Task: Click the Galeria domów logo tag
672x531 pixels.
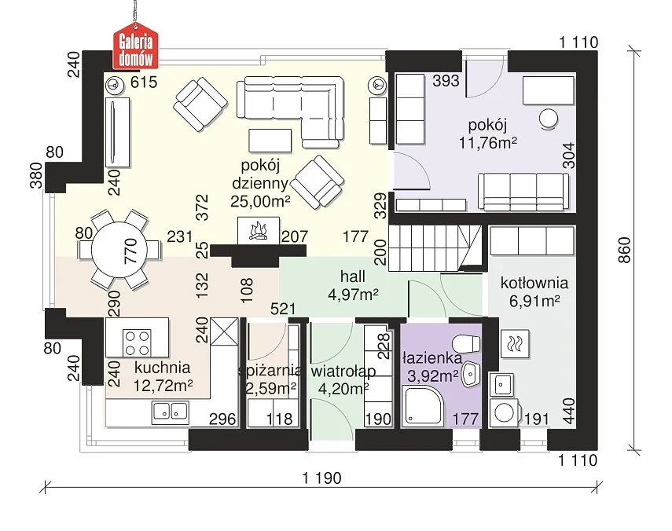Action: click(x=137, y=47)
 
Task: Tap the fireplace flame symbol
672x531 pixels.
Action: click(x=257, y=230)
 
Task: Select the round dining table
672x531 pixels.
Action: click(x=119, y=251)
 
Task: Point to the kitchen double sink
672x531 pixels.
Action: click(x=170, y=408)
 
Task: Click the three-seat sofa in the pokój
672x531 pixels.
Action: click(x=523, y=189)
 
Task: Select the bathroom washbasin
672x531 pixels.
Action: click(x=469, y=375)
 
